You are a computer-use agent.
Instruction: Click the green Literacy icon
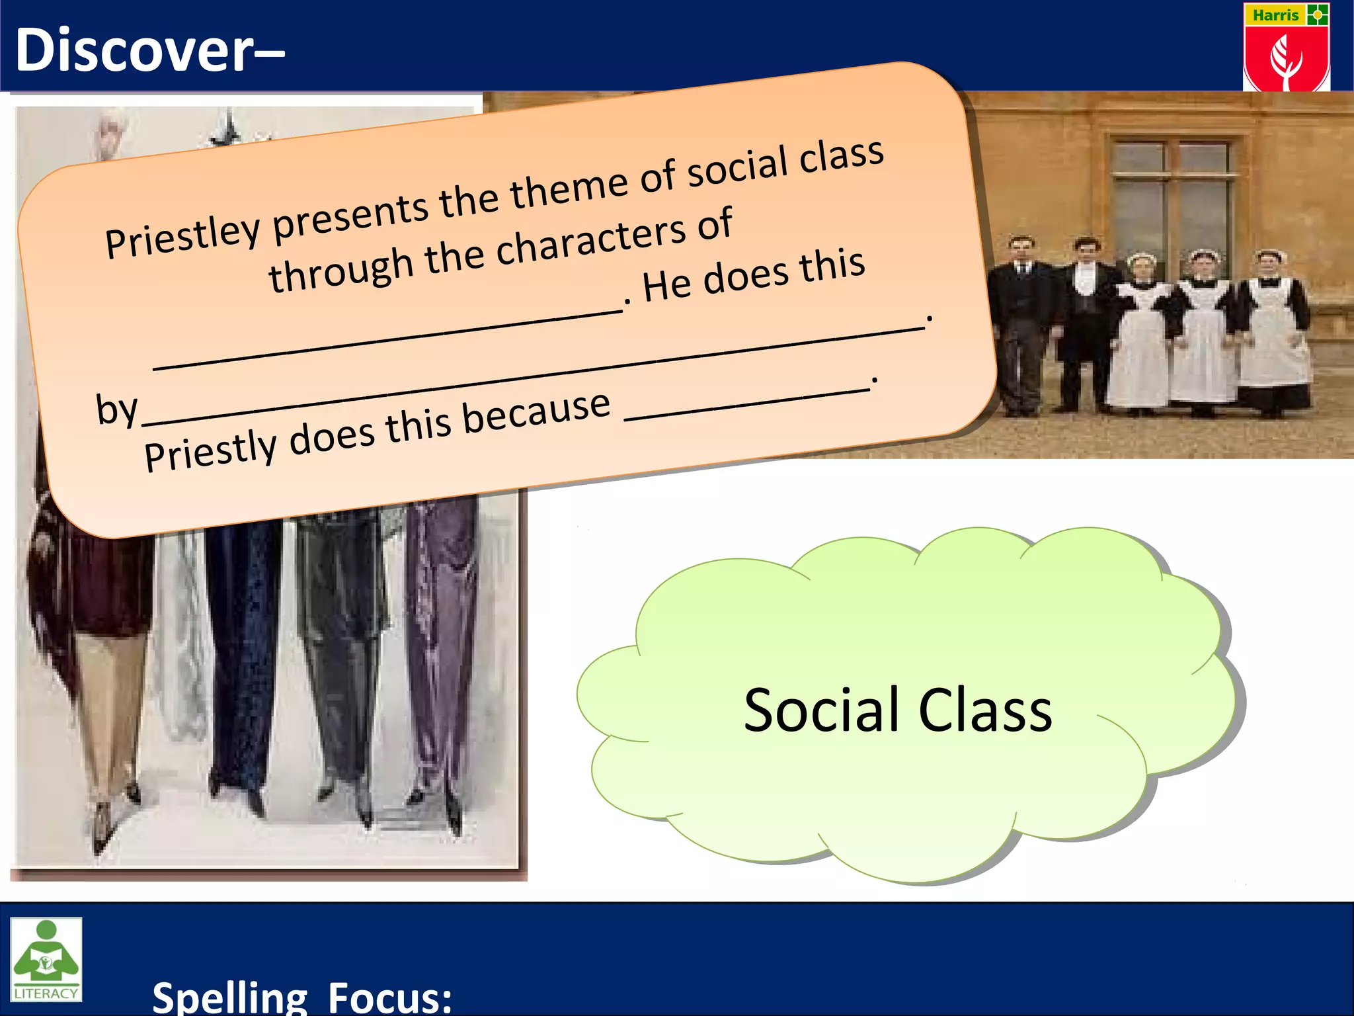click(46, 958)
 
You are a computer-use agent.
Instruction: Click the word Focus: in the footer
click(389, 997)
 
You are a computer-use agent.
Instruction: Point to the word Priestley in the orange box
click(183, 237)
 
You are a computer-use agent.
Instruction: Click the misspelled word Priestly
click(210, 451)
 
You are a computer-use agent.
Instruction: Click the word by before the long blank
click(116, 408)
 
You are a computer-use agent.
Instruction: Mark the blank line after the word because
click(747, 405)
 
